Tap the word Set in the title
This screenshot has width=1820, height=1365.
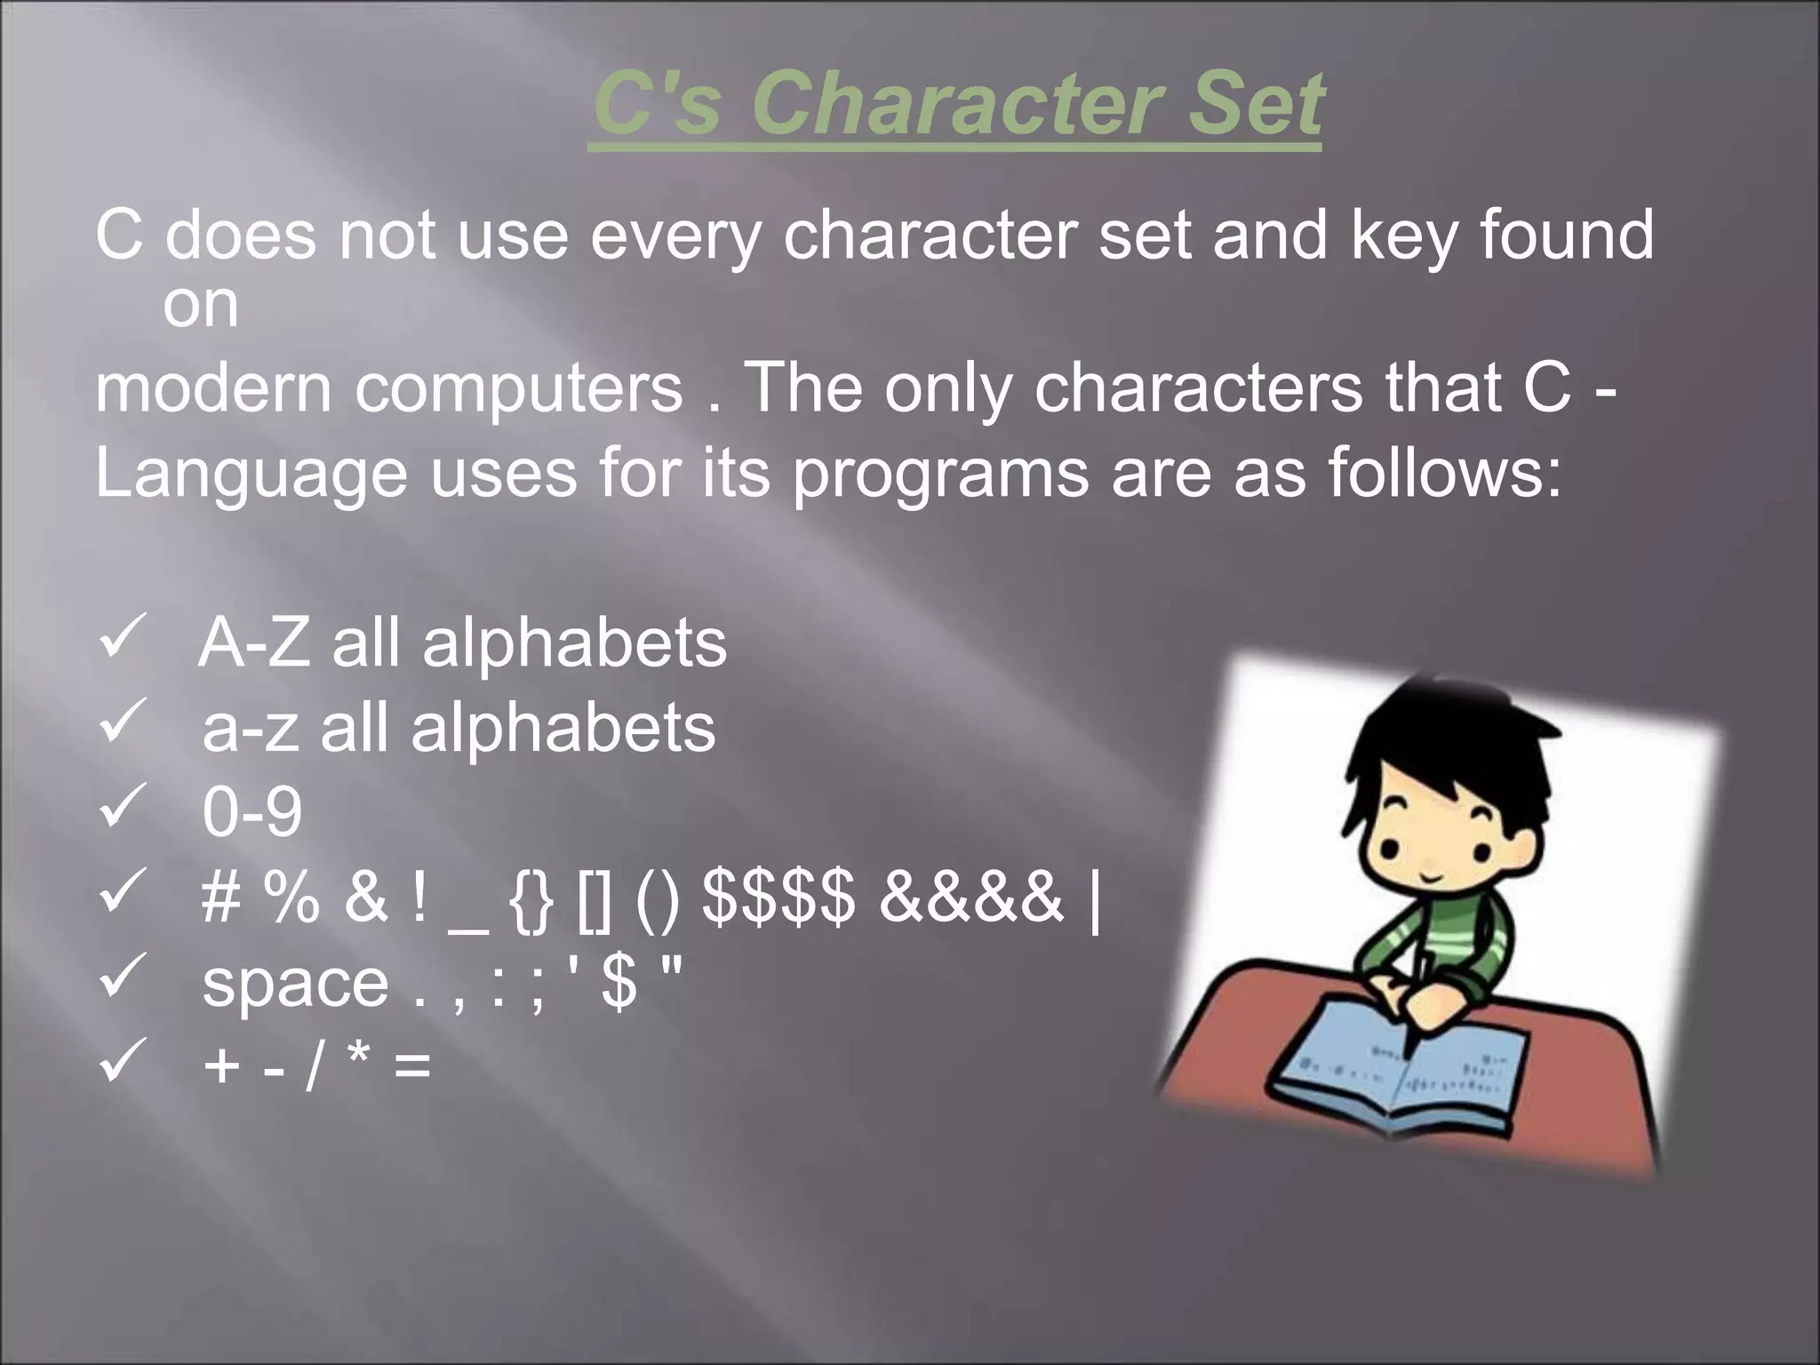point(1259,104)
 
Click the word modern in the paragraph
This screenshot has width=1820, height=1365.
point(212,388)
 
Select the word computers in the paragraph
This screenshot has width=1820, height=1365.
point(519,388)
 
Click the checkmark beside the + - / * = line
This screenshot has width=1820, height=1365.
point(122,1063)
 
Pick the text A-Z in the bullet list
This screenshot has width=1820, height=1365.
point(254,643)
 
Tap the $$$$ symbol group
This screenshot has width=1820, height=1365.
point(778,896)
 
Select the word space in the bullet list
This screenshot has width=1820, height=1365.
point(295,983)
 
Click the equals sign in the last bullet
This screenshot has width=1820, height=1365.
point(412,1066)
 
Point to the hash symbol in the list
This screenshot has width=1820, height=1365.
point(222,896)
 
